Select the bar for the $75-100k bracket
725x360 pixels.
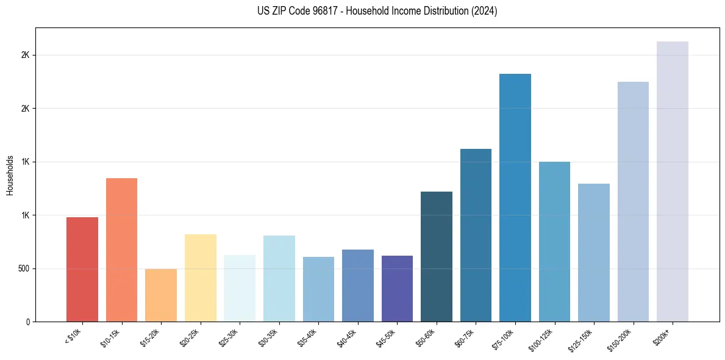(x=515, y=198)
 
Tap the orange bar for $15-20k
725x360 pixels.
(x=161, y=295)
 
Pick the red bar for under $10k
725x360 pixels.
(x=82, y=269)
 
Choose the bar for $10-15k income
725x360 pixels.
(x=121, y=250)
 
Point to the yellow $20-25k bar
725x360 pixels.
(x=200, y=278)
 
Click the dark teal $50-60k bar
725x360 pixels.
(x=436, y=256)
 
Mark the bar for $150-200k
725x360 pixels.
(x=633, y=201)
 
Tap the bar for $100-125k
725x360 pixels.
(x=554, y=242)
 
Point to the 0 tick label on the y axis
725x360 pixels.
(x=27, y=322)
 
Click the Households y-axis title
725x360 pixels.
(x=10, y=175)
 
